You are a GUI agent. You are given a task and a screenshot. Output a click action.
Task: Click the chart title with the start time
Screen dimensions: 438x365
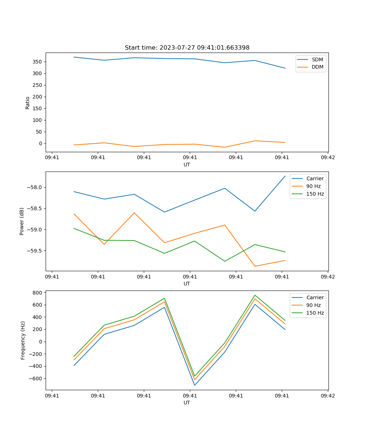tap(187, 48)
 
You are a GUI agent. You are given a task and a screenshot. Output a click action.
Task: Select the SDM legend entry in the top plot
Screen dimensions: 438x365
tap(317, 59)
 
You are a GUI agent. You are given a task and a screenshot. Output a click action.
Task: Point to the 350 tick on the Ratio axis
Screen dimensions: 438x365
tap(38, 62)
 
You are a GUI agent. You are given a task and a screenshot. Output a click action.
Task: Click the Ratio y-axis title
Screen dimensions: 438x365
tap(28, 103)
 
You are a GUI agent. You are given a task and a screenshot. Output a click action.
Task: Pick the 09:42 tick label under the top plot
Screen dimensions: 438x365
tap(327, 158)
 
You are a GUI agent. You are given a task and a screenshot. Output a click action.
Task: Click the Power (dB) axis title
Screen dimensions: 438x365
tap(22, 221)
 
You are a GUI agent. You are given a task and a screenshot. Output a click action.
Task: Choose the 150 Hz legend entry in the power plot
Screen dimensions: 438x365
tap(315, 194)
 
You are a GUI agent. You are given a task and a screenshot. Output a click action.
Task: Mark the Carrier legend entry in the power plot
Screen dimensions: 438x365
tap(315, 178)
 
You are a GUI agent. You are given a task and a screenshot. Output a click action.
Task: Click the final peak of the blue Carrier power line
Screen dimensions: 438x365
tap(285, 176)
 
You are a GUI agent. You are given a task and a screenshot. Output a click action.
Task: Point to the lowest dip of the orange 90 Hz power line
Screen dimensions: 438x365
tap(255, 266)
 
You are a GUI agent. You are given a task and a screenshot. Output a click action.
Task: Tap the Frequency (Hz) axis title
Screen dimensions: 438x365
tap(23, 340)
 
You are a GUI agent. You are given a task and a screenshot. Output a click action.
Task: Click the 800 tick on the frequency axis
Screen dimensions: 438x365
tap(38, 293)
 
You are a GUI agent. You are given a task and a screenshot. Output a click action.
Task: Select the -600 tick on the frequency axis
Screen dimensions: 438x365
tap(36, 379)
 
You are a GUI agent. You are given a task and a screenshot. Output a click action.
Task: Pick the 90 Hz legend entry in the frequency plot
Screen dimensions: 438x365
tap(313, 305)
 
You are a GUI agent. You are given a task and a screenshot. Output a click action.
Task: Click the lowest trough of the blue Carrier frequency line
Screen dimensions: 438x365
tap(195, 385)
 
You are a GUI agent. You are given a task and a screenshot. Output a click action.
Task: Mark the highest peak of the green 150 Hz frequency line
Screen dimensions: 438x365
tap(255, 295)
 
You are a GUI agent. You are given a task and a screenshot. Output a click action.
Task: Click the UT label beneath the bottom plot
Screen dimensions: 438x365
tap(187, 403)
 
